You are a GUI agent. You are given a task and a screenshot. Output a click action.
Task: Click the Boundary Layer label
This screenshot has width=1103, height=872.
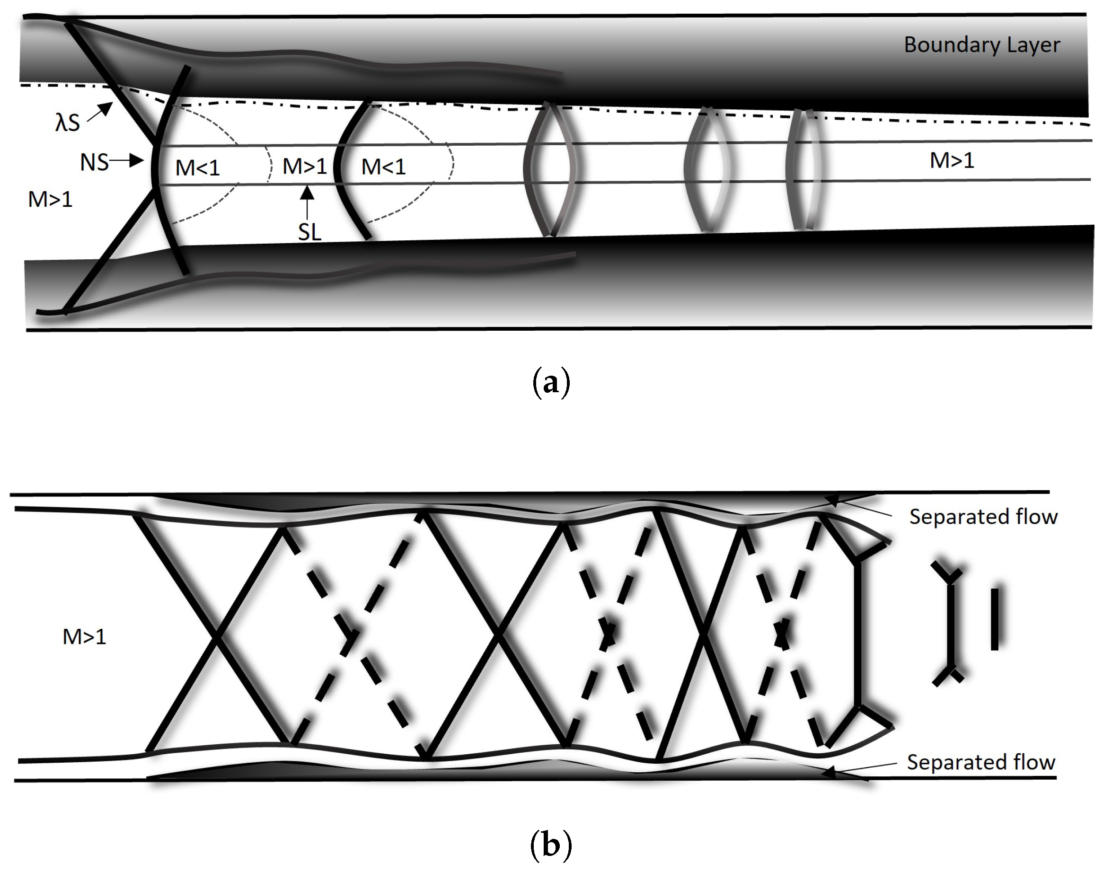[x=981, y=45]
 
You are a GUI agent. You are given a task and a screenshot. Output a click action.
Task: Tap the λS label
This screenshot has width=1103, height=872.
[x=67, y=123]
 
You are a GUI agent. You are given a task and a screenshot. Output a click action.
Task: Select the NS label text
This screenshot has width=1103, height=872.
[x=94, y=163]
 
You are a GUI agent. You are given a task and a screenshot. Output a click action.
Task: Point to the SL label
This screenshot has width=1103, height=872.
[x=309, y=233]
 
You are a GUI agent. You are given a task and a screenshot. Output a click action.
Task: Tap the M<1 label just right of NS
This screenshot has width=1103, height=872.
[x=197, y=168]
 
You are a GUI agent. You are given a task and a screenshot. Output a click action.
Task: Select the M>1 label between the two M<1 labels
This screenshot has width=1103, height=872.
[x=304, y=167]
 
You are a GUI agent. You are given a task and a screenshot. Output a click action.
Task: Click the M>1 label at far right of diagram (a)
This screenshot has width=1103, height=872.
[x=951, y=161]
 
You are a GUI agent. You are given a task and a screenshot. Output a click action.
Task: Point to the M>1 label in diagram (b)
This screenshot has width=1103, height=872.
[x=84, y=637]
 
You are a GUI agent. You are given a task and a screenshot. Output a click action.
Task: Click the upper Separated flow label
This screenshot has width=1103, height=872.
[x=983, y=517]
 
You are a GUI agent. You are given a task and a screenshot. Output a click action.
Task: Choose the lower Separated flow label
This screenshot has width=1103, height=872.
[x=980, y=762]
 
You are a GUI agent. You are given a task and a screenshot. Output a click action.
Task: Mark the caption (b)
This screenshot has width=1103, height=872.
[x=550, y=845]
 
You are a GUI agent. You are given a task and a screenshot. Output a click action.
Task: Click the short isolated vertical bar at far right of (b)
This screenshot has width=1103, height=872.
[x=994, y=619]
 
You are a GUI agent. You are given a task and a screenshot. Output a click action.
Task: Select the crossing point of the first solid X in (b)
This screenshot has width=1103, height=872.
[x=217, y=637]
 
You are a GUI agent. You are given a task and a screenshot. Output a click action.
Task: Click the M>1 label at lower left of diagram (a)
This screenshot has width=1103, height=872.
[x=50, y=200]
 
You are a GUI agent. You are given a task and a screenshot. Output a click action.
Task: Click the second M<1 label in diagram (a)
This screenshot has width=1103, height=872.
[x=383, y=167]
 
